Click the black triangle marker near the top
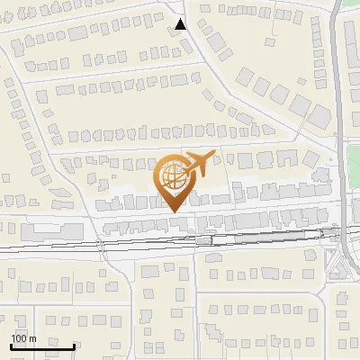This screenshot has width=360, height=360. pos(181,24)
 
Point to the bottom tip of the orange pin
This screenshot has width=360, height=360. pos(173,211)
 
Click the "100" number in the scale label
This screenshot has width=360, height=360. pos(20,337)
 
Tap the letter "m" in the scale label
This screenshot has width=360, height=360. pos(32,337)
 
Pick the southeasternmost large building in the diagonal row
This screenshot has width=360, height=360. pos(319,114)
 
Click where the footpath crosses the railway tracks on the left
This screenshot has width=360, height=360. pos(103,243)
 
